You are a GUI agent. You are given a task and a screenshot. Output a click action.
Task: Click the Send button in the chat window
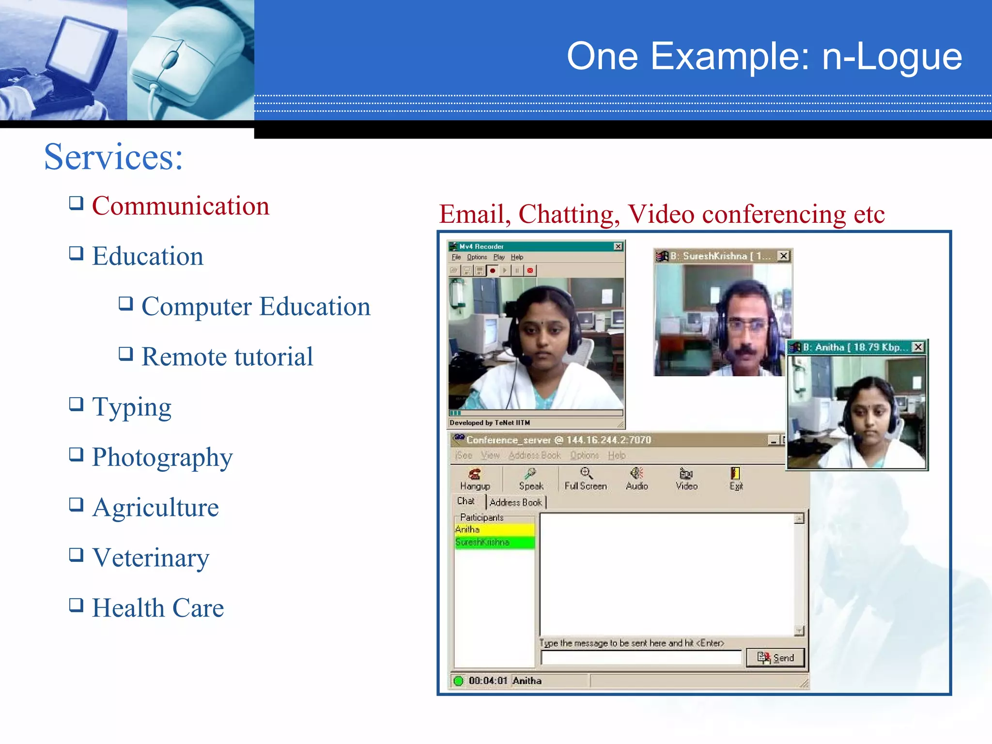point(775,657)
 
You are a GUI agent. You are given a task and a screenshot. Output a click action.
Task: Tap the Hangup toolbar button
point(475,479)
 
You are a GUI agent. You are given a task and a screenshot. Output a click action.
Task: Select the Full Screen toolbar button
point(586,479)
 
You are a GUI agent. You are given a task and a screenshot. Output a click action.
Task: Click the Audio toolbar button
point(636,479)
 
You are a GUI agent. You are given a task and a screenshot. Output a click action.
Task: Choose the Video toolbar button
point(686,479)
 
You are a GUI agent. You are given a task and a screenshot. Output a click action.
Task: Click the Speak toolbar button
point(531,479)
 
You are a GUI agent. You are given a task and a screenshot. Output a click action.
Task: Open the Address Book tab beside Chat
point(515,502)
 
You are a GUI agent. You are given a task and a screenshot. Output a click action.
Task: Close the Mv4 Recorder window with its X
point(618,247)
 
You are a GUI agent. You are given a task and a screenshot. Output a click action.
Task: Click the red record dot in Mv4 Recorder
point(493,271)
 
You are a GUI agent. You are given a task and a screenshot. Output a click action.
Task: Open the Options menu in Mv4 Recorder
point(477,257)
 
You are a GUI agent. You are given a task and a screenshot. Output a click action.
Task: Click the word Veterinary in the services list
point(151,558)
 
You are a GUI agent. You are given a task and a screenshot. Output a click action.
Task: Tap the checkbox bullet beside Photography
point(76,454)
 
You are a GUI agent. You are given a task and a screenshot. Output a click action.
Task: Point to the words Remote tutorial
point(227,356)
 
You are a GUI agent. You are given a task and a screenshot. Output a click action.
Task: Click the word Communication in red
point(180,206)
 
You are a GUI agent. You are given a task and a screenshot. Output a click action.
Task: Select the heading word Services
point(113,157)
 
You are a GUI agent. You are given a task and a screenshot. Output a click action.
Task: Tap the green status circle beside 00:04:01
point(458,681)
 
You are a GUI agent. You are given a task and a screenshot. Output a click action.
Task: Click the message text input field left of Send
point(641,657)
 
